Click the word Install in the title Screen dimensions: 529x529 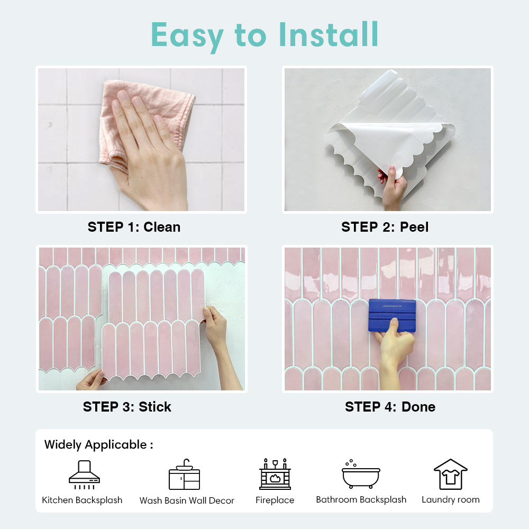point(329,35)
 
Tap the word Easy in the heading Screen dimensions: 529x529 point(187,35)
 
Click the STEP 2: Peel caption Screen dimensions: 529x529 point(385,227)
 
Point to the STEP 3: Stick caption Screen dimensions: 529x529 point(127,407)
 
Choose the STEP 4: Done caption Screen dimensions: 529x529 point(390,407)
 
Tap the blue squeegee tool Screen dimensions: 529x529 point(392,315)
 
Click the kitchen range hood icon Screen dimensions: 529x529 point(84,475)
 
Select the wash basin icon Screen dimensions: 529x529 point(184,475)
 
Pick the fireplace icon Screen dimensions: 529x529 point(275,474)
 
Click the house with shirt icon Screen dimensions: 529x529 point(450,474)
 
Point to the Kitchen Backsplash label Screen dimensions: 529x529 point(82,500)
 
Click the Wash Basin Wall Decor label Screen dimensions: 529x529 point(187,500)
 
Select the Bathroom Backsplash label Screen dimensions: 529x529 point(361,499)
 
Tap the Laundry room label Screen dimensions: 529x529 point(451,499)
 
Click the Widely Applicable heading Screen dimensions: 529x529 point(98,444)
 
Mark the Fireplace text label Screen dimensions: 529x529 point(275,500)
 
